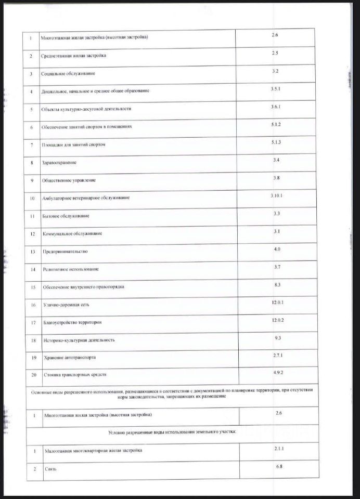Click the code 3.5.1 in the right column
point(276,89)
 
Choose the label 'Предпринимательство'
point(65,252)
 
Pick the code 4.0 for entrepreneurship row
point(277,249)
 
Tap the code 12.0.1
point(277,303)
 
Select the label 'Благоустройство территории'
point(72,322)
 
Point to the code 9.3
point(277,338)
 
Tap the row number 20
point(33,375)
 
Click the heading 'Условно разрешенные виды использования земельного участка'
point(172,432)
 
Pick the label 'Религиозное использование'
point(70,269)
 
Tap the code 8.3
point(277,284)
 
